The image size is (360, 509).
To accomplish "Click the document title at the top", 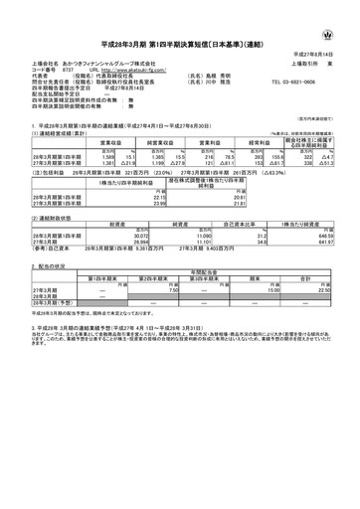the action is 180,33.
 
